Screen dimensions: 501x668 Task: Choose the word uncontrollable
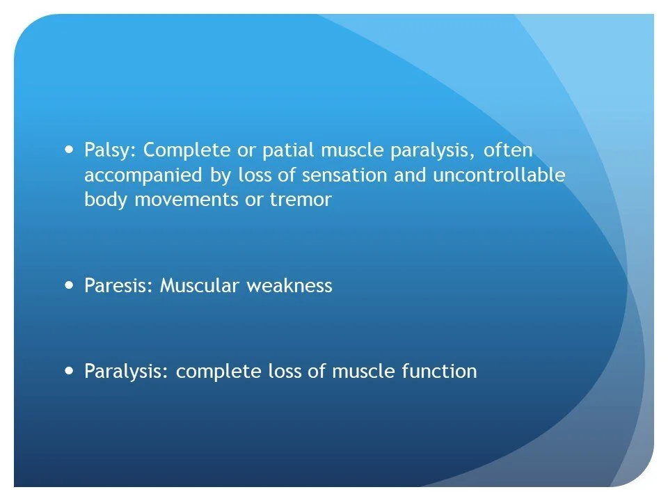tap(499, 176)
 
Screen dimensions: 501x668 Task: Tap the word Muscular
tap(199, 286)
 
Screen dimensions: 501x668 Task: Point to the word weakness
tap(289, 286)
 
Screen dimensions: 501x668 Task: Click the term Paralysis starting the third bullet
tap(127, 372)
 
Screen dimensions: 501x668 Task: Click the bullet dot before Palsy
tap(68, 149)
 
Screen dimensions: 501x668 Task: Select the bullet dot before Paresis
tap(68, 285)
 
